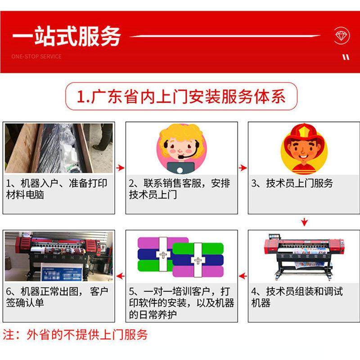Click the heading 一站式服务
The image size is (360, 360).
66,36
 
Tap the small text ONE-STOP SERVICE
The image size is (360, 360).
36,57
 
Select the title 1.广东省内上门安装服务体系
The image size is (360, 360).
181,96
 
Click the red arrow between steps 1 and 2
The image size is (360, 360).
120,168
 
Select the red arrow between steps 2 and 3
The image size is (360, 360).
243,168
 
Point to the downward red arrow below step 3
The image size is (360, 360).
304,221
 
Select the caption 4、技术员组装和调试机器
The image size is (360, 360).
297,297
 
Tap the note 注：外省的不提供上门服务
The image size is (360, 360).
76,335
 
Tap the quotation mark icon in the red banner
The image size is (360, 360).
346,57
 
